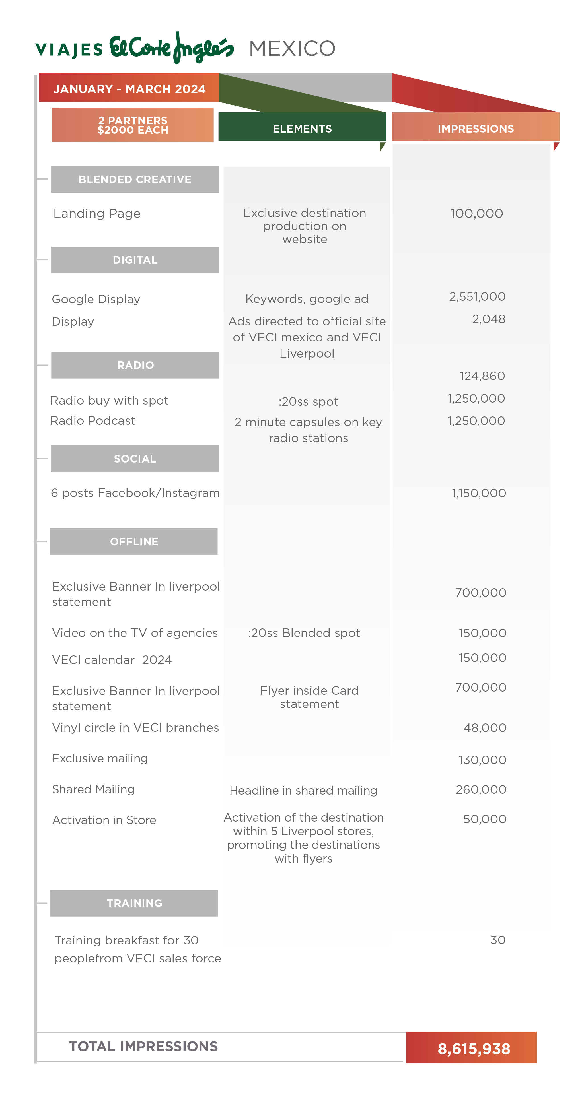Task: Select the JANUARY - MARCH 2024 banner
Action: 129,89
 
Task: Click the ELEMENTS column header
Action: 302,129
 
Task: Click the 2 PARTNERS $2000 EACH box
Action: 132,125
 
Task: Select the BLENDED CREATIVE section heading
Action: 135,179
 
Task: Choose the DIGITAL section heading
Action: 135,260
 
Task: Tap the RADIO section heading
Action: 135,365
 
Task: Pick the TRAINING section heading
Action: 134,903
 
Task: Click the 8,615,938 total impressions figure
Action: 473,1048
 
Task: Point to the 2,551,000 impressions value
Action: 477,296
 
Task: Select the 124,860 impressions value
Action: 482,376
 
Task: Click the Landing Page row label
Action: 97,214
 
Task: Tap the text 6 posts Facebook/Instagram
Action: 135,493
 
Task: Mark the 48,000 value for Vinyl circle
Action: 485,727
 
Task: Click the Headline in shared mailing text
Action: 303,790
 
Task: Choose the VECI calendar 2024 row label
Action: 112,660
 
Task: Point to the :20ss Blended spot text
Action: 304,633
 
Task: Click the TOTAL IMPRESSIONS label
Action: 143,1046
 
